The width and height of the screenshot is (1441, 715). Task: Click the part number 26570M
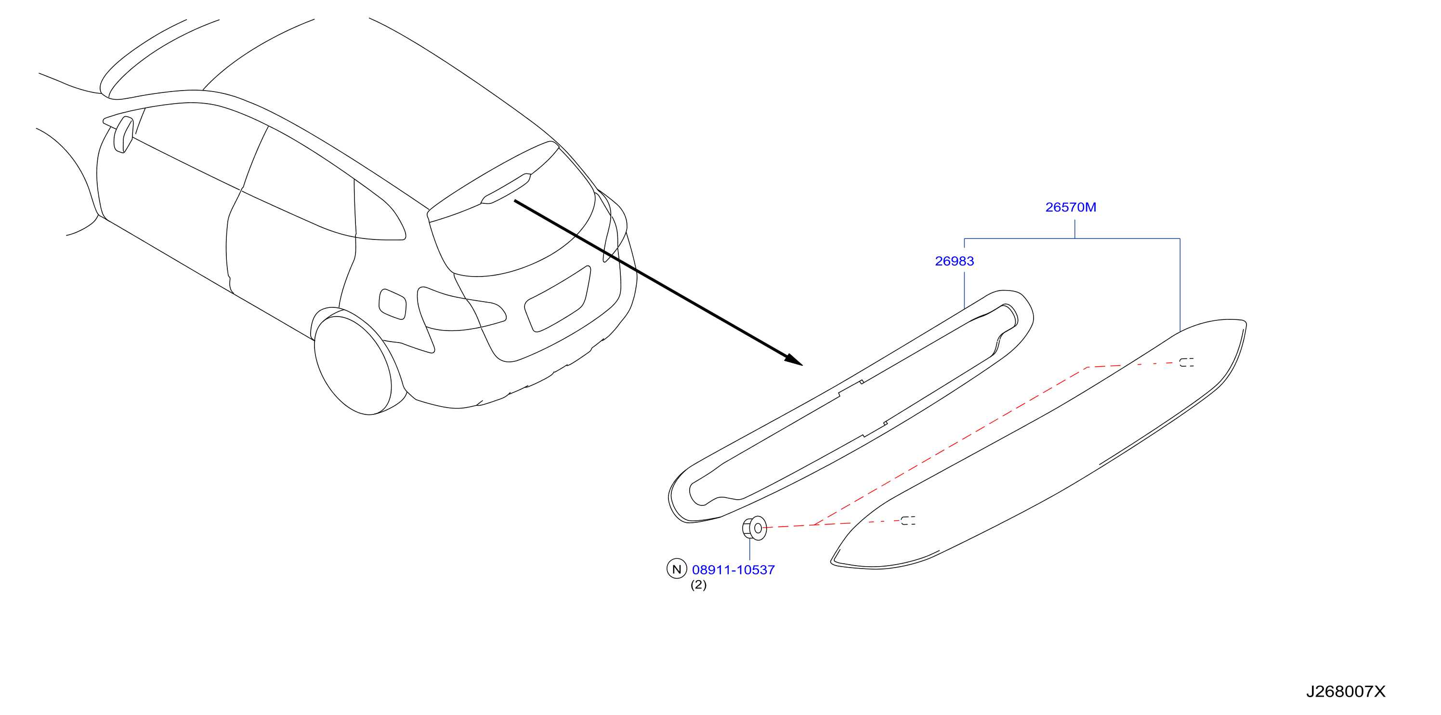pos(1070,207)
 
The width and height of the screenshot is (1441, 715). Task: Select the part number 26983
pos(955,261)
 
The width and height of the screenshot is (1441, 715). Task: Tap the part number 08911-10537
pos(733,570)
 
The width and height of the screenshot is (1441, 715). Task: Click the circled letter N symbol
pos(676,569)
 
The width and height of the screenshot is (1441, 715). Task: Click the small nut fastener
pos(754,528)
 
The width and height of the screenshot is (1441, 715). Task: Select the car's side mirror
pos(123,134)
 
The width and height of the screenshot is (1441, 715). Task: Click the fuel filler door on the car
pos(392,305)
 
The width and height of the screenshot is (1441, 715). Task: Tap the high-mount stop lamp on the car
pos(506,188)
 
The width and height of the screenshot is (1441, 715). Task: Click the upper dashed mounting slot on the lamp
pos(1187,362)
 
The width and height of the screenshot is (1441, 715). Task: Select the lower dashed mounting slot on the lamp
pos(908,521)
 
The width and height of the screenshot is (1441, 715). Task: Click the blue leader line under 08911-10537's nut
pos(749,549)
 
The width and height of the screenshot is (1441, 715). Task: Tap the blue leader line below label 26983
pos(964,290)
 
